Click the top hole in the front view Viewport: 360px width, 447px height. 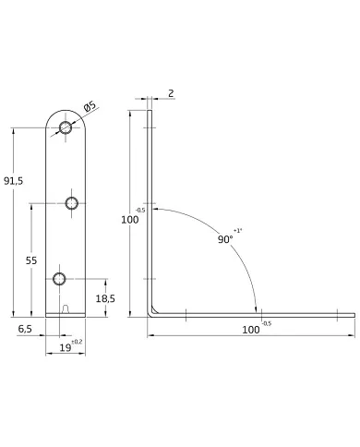pyautogui.click(x=66, y=127)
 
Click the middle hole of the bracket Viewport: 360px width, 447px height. pyautogui.click(x=72, y=203)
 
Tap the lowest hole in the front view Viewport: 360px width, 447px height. pyautogui.click(x=59, y=279)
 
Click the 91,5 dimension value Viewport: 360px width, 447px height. pyautogui.click(x=13, y=181)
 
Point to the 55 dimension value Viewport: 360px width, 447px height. pyautogui.click(x=31, y=260)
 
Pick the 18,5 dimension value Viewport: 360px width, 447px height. pyautogui.click(x=105, y=298)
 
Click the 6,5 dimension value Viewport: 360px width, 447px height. pyautogui.click(x=25, y=329)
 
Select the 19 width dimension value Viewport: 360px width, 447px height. pyautogui.click(x=65, y=348)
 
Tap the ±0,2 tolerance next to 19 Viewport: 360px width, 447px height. pyautogui.click(x=77, y=342)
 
